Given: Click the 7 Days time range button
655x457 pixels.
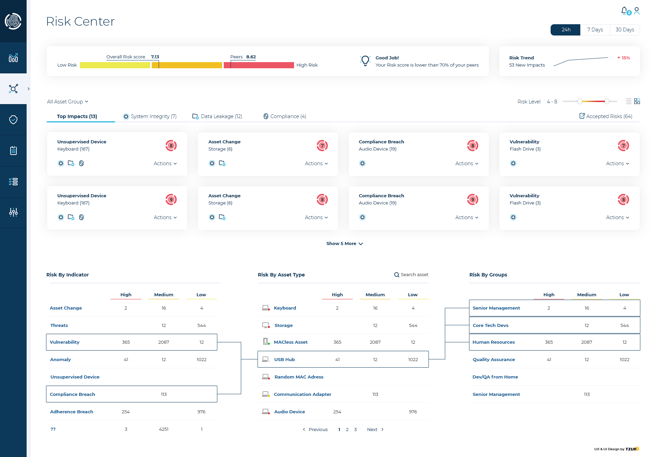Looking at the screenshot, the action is [x=595, y=30].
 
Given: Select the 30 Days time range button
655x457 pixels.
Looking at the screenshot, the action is [x=625, y=30].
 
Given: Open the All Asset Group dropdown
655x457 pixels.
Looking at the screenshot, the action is [x=68, y=102].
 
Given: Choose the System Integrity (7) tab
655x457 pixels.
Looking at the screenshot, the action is [x=150, y=116].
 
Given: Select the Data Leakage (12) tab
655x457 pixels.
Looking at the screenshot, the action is [x=217, y=116].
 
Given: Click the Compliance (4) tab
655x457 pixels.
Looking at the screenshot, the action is [x=285, y=116].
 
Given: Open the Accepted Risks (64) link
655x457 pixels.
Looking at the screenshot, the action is [x=606, y=116].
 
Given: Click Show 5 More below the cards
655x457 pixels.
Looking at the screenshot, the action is [x=345, y=244].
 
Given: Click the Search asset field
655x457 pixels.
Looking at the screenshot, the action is [x=411, y=275].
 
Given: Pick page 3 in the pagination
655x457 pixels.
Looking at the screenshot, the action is [x=355, y=430].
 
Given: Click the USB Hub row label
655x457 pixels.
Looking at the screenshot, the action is [x=285, y=360].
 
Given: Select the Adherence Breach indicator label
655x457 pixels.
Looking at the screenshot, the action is [x=72, y=412].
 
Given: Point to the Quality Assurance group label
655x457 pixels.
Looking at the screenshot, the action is [x=494, y=360].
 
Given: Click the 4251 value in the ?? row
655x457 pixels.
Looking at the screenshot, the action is [x=164, y=429].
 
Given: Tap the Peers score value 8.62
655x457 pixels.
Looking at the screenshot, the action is [x=251, y=57].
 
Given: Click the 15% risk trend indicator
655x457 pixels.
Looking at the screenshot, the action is [x=624, y=58].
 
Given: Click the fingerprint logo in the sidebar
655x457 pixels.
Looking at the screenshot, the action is [x=13, y=21].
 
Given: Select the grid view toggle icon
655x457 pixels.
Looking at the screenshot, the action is [x=637, y=101].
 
